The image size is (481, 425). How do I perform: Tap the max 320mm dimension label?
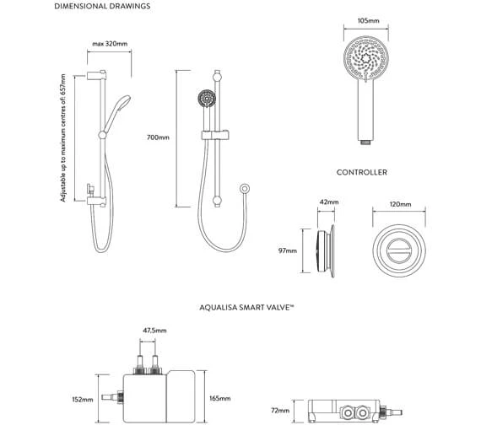[110, 45]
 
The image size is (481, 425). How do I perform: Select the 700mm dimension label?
[158, 137]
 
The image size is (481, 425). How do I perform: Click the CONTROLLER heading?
[362, 172]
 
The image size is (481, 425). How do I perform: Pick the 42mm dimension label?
[329, 203]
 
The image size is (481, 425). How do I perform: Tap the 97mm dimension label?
[288, 250]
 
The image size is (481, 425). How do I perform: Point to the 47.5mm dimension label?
[154, 331]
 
